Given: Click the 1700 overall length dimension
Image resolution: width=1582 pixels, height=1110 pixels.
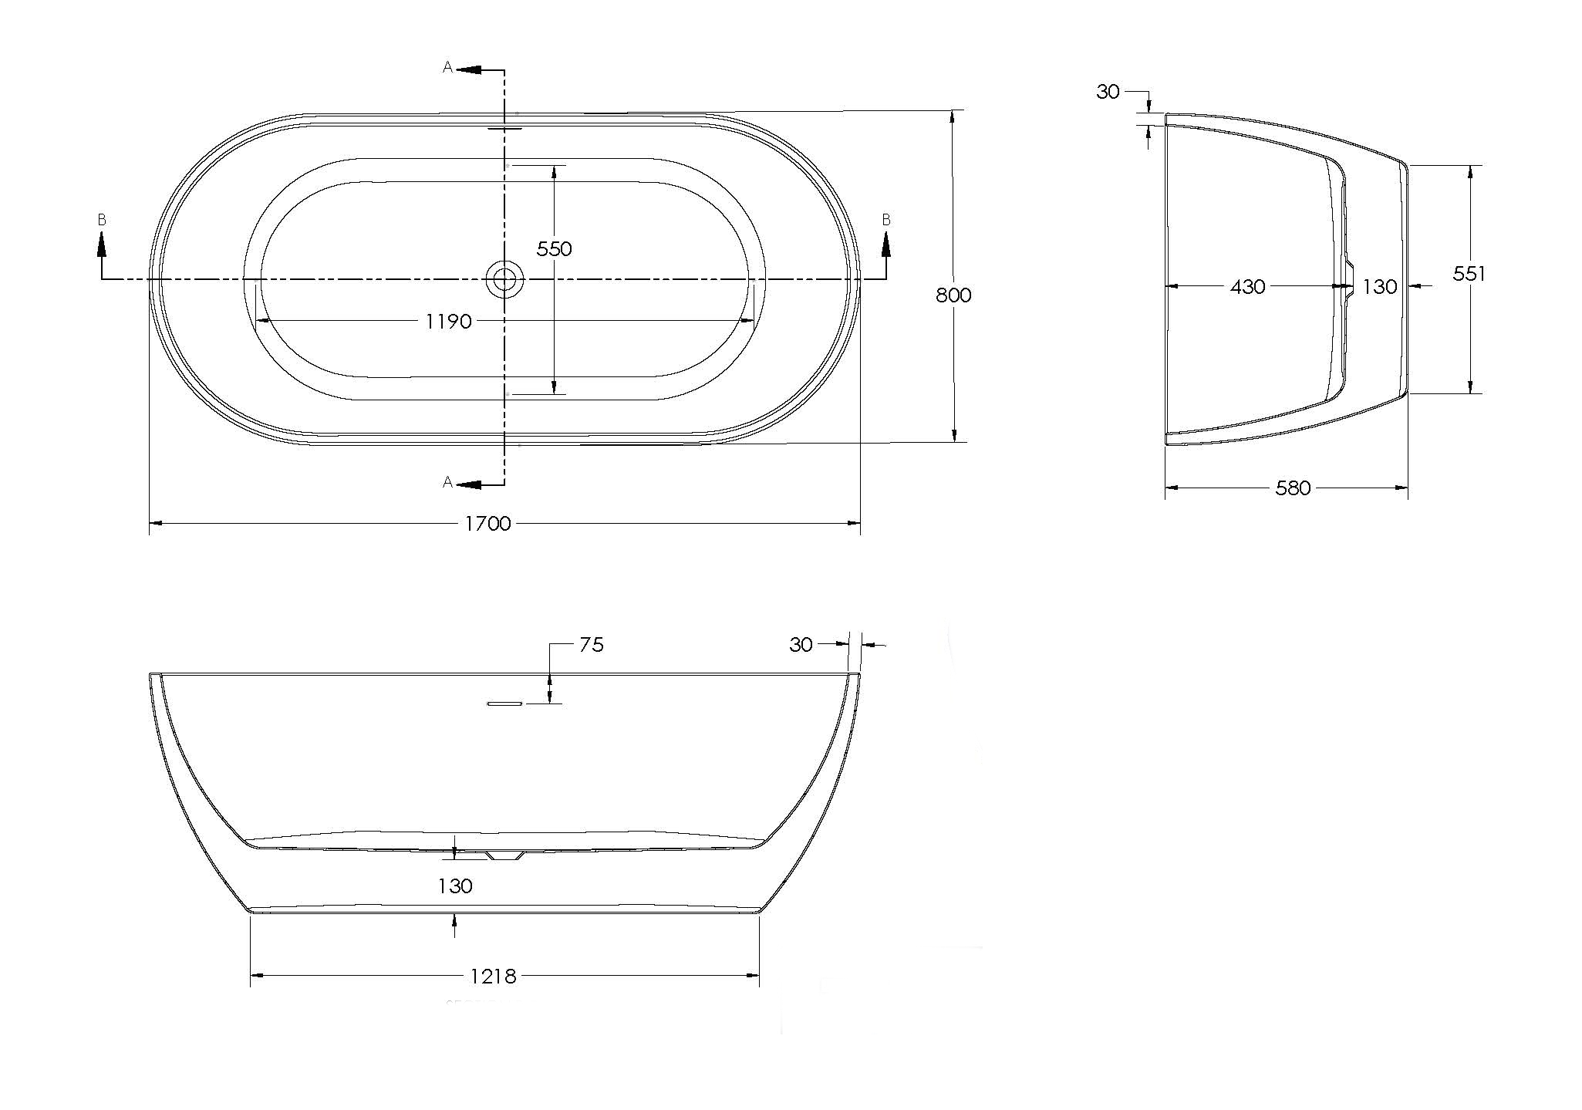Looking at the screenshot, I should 487,524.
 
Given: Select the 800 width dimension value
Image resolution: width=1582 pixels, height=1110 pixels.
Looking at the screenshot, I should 953,295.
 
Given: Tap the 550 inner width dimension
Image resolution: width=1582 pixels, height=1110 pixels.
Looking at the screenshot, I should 554,248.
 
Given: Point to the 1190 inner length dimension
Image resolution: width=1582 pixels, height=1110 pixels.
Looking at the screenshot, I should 448,321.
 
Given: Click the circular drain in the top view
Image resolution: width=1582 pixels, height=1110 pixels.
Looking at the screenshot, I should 504,279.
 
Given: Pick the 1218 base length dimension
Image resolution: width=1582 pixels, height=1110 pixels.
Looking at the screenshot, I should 493,977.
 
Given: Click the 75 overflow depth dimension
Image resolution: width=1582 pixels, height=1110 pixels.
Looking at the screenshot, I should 591,644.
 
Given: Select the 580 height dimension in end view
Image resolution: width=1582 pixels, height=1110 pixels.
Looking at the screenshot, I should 1293,488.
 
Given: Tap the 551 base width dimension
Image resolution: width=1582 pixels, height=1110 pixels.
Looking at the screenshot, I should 1469,274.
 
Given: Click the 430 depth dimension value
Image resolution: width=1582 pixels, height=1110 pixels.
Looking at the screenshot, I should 1247,287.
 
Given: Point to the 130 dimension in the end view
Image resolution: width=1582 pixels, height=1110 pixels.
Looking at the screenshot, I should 1379,287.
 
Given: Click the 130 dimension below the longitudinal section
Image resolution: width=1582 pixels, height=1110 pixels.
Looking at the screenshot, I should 455,886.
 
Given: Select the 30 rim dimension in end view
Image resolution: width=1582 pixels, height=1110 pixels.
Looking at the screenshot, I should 1108,92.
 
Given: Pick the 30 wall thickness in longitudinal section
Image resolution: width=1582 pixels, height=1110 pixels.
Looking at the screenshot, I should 801,644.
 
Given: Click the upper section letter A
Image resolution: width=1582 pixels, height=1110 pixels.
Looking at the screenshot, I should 447,68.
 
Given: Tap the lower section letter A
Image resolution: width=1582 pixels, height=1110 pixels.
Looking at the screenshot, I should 447,482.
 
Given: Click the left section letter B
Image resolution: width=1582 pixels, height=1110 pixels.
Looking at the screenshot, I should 102,221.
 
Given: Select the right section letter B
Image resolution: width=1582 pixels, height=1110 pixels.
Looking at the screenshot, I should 886,221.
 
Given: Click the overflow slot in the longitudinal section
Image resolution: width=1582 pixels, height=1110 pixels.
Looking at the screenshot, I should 505,703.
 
